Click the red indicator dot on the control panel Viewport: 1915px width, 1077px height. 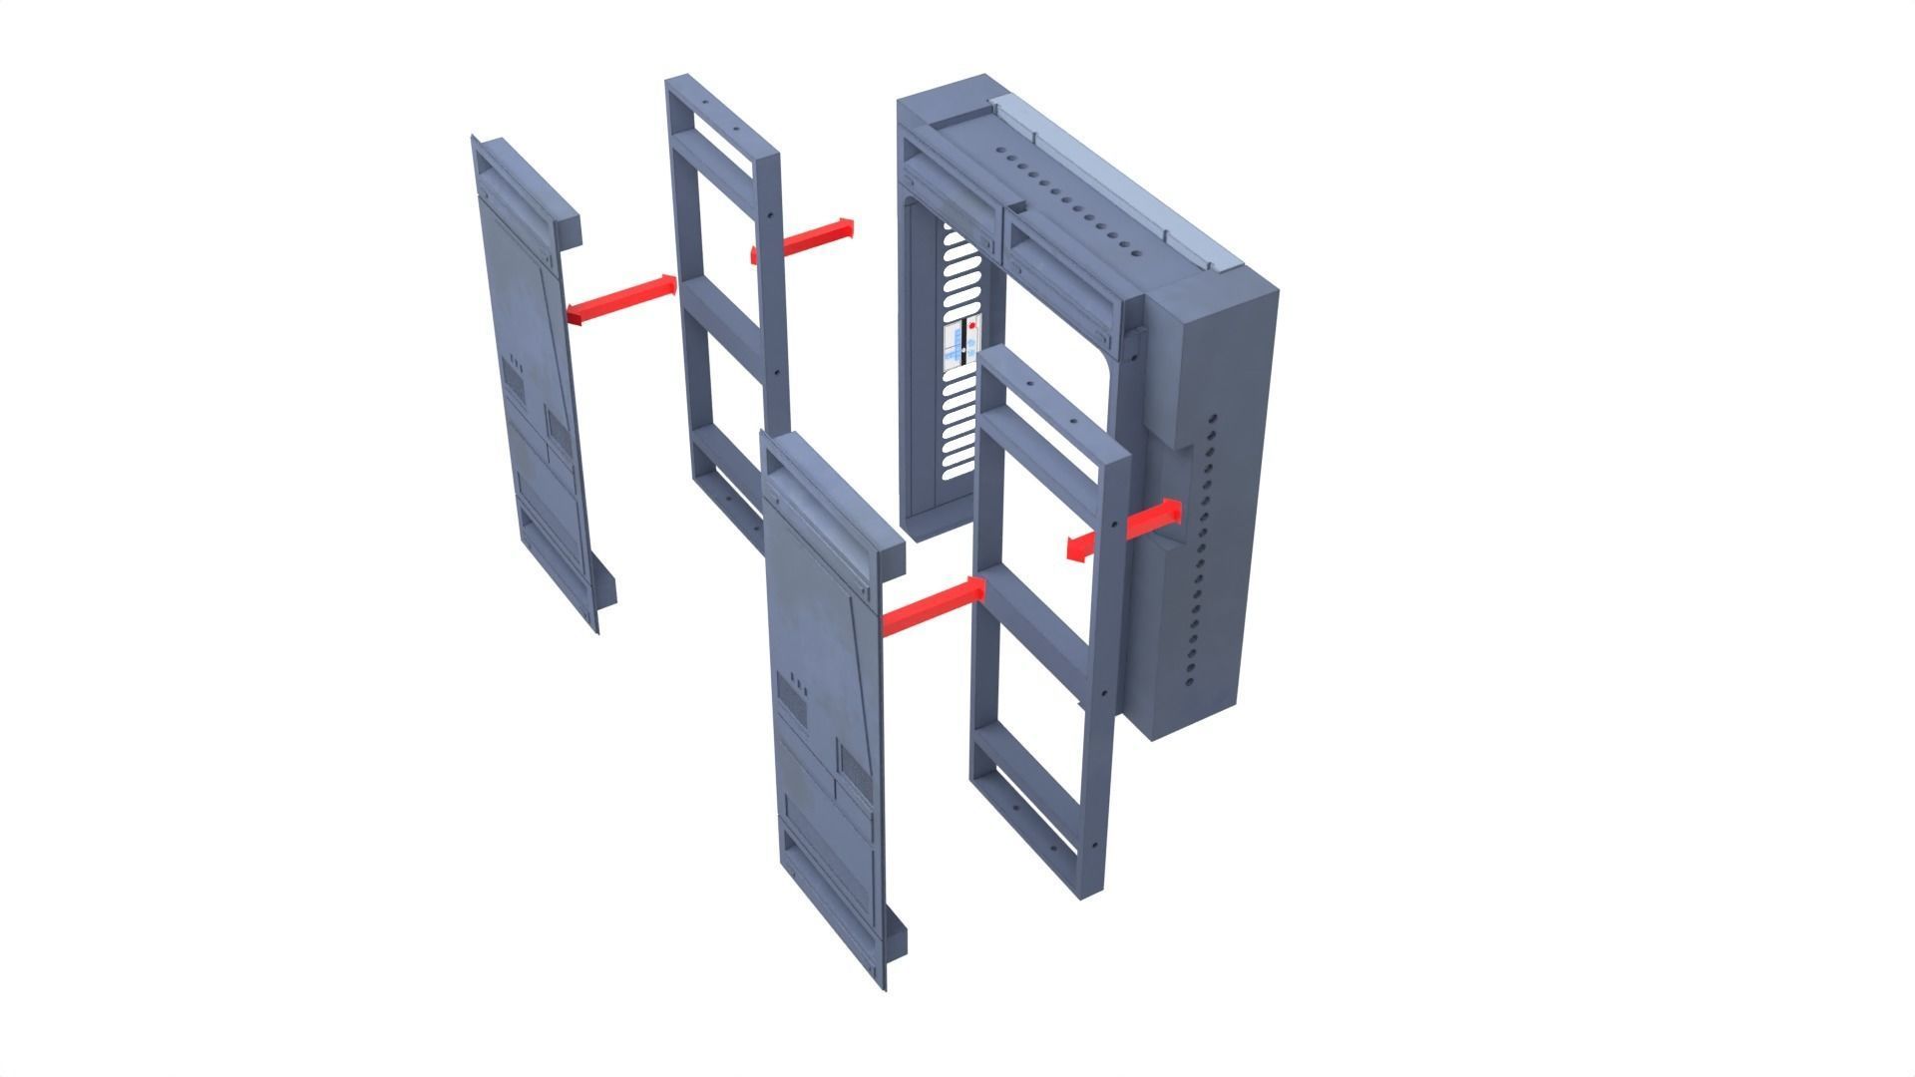pyautogui.click(x=972, y=325)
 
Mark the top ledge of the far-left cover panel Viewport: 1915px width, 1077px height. pyautogui.click(x=529, y=179)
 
